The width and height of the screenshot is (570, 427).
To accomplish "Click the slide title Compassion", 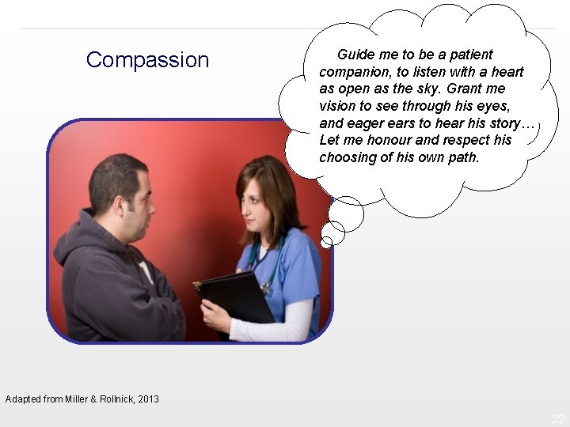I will [147, 60].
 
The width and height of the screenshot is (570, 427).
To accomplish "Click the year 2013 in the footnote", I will [147, 399].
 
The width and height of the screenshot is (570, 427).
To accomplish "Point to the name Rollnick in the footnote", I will [115, 399].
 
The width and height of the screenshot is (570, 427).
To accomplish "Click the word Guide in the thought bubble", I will [355, 55].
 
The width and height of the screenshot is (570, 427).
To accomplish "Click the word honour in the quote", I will [389, 140].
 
